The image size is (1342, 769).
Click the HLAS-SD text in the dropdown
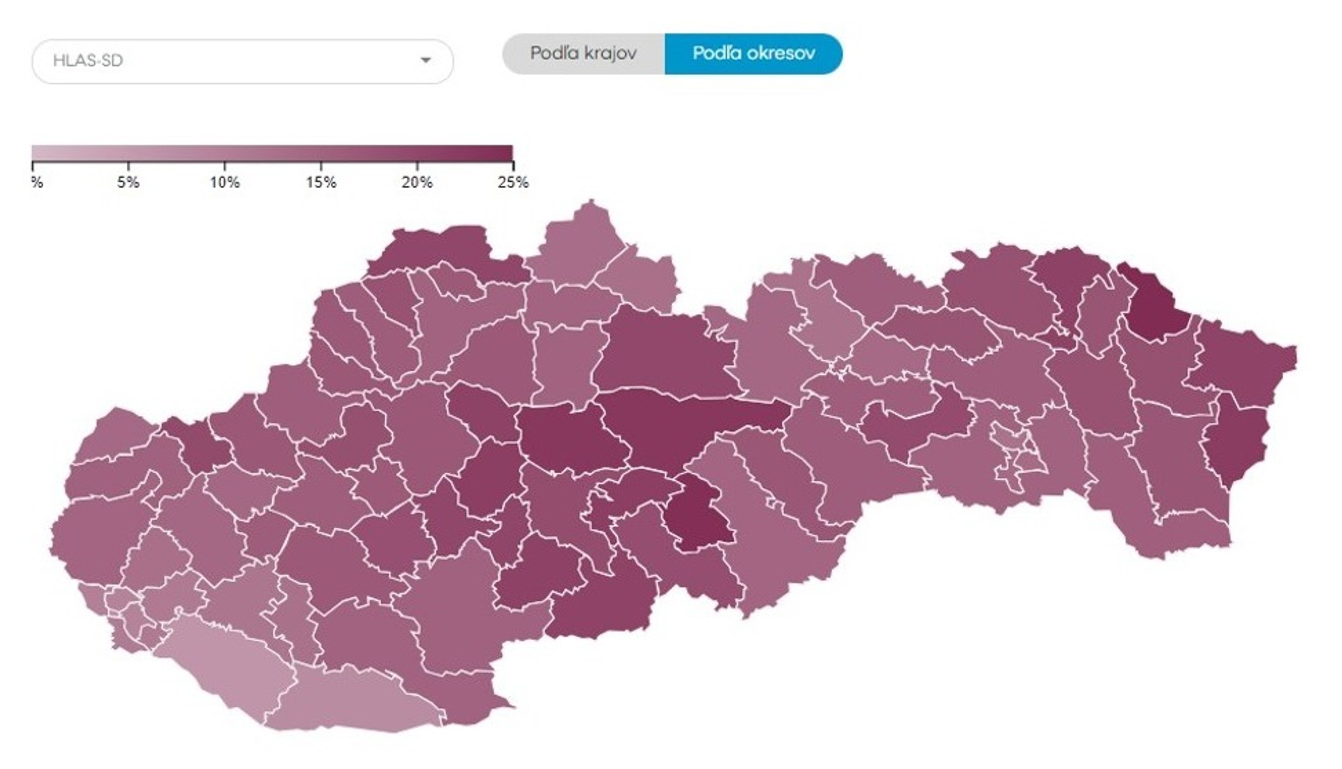(x=88, y=61)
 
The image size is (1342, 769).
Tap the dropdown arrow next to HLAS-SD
(x=425, y=60)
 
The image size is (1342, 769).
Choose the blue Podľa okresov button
(x=753, y=53)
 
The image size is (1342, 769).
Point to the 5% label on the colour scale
(x=128, y=183)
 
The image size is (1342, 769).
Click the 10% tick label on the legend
(x=224, y=183)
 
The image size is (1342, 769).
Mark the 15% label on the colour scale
(x=321, y=183)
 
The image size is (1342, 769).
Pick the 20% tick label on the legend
(x=417, y=183)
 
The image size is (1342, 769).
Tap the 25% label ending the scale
(x=513, y=183)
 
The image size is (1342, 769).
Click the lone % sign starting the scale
(x=36, y=183)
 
